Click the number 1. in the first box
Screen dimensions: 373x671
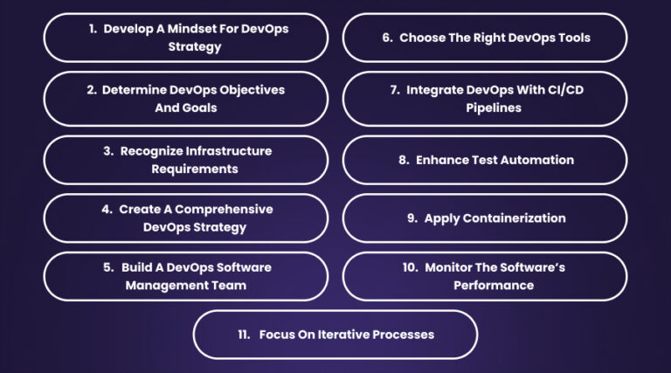tap(92, 29)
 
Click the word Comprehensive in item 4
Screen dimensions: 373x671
tap(232, 210)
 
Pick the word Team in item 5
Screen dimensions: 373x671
tap(229, 285)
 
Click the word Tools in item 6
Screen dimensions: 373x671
tap(572, 38)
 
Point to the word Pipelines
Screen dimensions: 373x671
tap(484, 107)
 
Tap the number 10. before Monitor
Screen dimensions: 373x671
tap(410, 267)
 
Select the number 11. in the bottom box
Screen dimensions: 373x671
tap(244, 335)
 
